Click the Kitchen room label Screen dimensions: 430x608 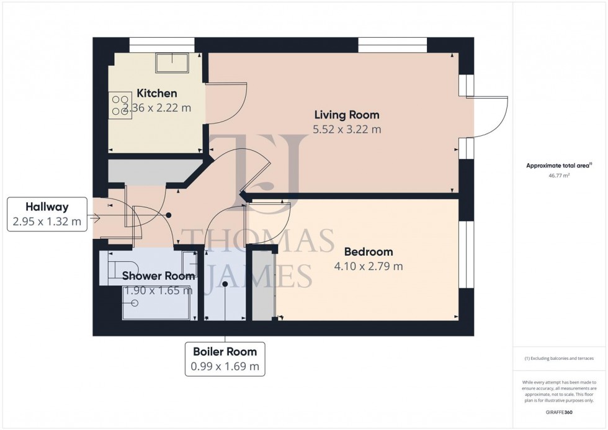tap(157, 93)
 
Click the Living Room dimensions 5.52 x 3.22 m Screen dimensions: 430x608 tap(347, 129)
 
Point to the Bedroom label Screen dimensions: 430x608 tap(369, 252)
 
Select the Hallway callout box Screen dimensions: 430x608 tap(47, 215)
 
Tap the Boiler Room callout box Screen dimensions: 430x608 tap(225, 359)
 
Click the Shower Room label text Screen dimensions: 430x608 tap(158, 275)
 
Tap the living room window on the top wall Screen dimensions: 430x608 tap(392, 45)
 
